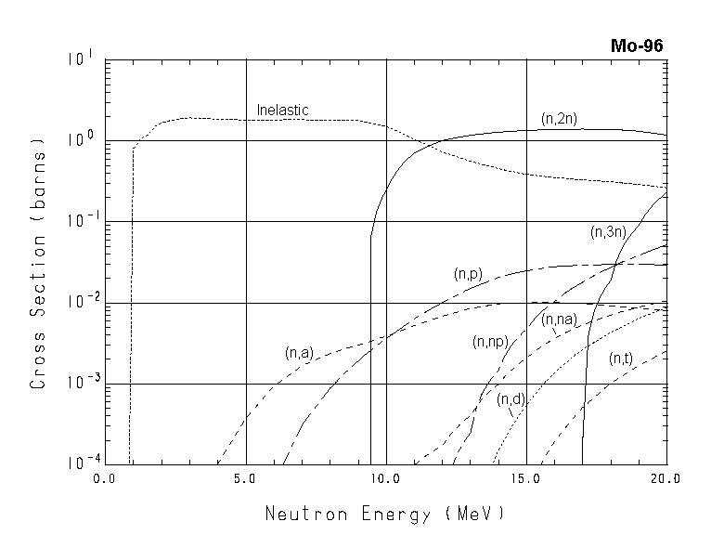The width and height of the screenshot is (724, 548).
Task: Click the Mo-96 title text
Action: pos(637,46)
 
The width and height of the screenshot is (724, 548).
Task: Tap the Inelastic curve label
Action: pos(282,111)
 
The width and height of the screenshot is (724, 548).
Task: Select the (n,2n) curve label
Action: pos(560,118)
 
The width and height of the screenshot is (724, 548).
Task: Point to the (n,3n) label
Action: pos(609,232)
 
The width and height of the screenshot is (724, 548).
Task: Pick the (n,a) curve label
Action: pos(300,353)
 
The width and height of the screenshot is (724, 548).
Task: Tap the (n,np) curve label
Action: pos(490,342)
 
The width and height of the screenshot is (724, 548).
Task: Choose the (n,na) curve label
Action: pos(559,320)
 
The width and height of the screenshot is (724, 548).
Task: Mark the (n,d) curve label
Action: pos(511,399)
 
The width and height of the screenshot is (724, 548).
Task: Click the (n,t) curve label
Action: pos(621,359)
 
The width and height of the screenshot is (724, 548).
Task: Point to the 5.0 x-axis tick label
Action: pos(245,480)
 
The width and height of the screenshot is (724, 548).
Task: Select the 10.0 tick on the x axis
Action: pos(385,480)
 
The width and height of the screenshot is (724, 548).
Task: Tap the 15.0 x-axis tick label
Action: pos(525,480)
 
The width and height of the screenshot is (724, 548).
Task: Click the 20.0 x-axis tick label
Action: pos(666,480)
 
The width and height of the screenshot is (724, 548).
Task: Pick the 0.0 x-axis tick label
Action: pos(106,480)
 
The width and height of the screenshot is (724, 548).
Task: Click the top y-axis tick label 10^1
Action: pos(81,59)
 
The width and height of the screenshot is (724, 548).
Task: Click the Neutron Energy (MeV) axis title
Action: pos(385,514)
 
